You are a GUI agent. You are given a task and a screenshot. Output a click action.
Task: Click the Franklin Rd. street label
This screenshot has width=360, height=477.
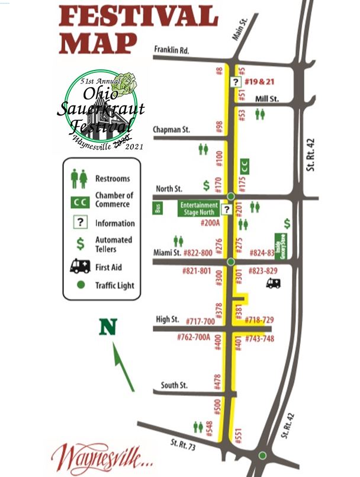point(171,50)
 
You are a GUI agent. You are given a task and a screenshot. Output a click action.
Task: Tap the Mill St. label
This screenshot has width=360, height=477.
point(267,99)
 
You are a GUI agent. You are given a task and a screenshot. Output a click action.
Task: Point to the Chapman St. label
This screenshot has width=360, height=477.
point(171,129)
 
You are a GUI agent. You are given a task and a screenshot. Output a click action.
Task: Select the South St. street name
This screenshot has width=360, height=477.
point(174,385)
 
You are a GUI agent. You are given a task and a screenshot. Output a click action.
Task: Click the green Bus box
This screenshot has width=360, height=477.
point(157,208)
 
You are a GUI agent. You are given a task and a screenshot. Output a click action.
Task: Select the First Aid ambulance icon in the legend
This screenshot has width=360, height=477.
point(80,266)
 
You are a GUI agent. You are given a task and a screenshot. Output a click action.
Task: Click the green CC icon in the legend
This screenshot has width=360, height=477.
point(80,201)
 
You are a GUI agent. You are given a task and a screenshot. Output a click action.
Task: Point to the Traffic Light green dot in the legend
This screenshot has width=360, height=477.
point(81,286)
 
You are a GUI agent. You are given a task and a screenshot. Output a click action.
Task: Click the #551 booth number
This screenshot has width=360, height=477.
point(239,436)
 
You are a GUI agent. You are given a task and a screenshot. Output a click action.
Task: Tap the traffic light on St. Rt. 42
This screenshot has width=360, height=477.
point(262,456)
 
